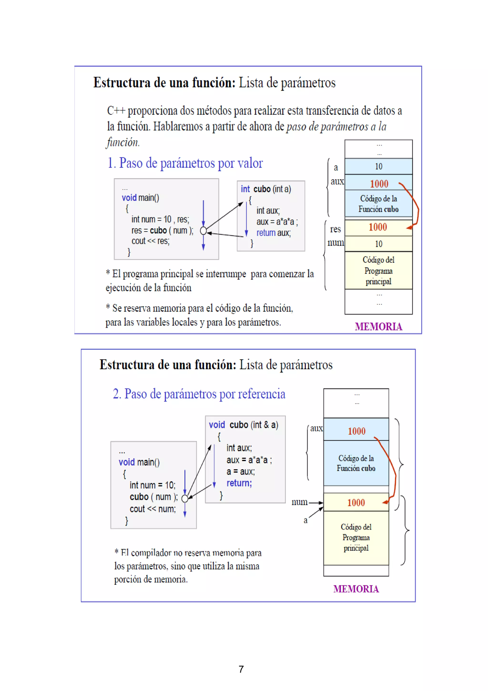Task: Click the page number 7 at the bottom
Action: [x=241, y=669]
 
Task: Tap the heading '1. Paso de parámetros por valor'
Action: [x=185, y=163]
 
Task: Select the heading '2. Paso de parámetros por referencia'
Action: [x=199, y=394]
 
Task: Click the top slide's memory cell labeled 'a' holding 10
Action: [x=378, y=166]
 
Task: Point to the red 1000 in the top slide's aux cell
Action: [x=379, y=184]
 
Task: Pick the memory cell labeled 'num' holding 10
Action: [x=378, y=244]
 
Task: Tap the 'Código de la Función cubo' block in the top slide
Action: [x=378, y=204]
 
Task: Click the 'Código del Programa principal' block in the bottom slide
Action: [x=356, y=538]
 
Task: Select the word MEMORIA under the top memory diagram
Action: [x=378, y=327]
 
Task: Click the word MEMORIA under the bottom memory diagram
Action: [x=356, y=589]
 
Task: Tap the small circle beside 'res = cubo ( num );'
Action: [x=203, y=231]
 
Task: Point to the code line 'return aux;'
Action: [x=273, y=233]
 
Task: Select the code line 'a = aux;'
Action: [x=240, y=471]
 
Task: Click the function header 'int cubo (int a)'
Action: [x=266, y=189]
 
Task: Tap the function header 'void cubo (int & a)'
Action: [x=244, y=425]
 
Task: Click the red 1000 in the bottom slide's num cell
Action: [x=356, y=502]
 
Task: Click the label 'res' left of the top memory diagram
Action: [x=335, y=229]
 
